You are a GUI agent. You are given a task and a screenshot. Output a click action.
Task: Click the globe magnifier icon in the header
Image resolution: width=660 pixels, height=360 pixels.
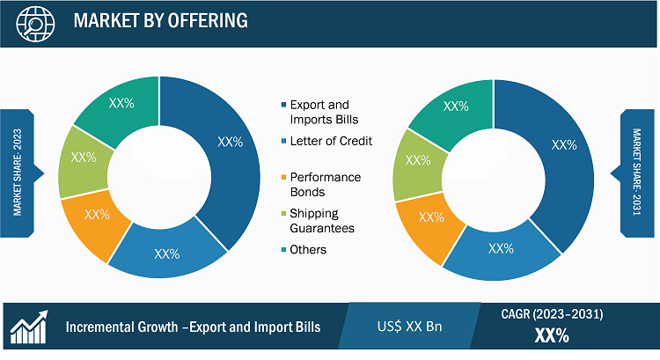(35, 23)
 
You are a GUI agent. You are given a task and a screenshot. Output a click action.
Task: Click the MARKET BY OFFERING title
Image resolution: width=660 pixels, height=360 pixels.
(161, 20)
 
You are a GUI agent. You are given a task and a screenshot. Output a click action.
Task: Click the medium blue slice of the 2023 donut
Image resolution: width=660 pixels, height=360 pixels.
(168, 251)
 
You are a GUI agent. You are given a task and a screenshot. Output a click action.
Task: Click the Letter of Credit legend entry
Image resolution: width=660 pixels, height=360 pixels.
(326, 141)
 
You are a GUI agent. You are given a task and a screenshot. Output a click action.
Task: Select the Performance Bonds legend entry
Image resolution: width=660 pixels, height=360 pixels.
(321, 185)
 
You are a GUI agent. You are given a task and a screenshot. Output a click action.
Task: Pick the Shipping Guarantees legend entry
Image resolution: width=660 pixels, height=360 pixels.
(318, 221)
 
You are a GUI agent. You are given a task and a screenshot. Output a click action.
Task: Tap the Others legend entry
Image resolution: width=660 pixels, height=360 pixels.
(304, 250)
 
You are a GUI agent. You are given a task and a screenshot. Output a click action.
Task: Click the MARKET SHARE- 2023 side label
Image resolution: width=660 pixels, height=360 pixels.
(18, 173)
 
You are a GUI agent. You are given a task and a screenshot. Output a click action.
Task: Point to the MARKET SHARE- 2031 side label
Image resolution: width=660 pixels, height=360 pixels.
(637, 172)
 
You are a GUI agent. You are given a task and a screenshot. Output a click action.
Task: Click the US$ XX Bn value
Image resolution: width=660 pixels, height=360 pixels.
(409, 327)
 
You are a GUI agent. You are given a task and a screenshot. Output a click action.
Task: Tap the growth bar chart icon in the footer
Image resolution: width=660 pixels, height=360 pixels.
(29, 327)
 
